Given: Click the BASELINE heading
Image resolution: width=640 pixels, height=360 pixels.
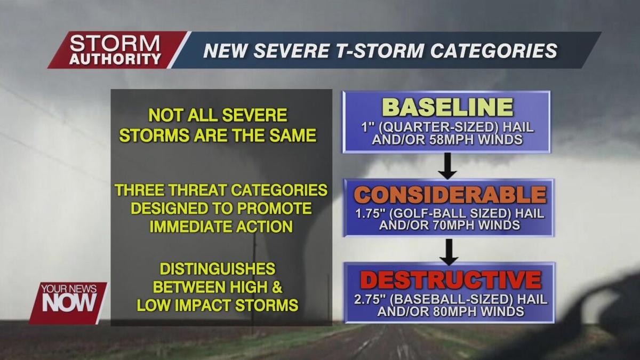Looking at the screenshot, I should tap(447, 107).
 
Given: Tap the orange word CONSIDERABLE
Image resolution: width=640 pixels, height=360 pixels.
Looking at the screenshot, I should tap(450, 195).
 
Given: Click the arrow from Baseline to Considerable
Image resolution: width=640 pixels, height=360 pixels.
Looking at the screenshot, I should tap(448, 166).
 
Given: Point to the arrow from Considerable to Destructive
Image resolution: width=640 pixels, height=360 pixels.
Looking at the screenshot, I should tap(449, 252).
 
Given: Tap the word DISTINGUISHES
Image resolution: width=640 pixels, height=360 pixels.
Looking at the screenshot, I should tap(217, 268).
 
